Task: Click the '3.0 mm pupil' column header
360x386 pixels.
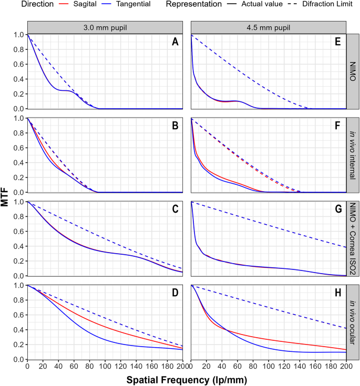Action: (x=105, y=27)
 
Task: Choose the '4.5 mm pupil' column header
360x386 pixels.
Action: (x=268, y=27)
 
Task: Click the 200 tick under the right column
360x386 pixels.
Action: (x=345, y=366)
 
